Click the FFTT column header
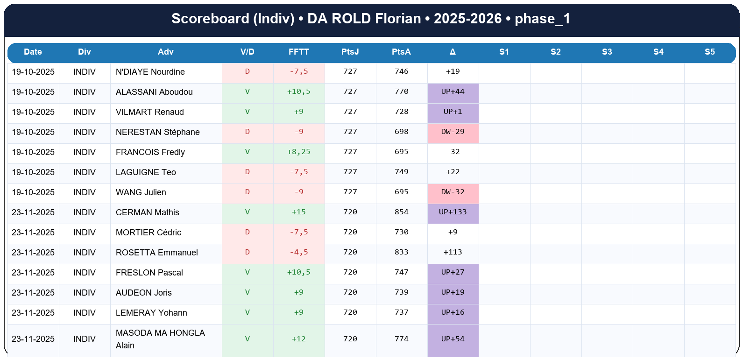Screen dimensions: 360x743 tap(298, 52)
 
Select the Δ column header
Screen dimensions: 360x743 tap(453, 52)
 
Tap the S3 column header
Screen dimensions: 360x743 tap(607, 52)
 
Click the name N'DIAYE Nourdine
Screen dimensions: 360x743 tap(150, 72)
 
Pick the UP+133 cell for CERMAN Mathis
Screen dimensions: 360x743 tap(453, 212)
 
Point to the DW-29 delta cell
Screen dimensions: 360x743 tap(453, 132)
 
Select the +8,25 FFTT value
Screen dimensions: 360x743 tap(298, 152)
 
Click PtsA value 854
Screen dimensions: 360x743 tap(401, 212)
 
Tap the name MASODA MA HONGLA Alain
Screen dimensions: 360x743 tap(160, 339)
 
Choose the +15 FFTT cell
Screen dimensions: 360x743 tap(298, 212)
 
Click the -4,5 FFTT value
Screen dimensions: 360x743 tap(298, 252)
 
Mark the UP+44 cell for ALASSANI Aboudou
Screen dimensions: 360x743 tap(453, 92)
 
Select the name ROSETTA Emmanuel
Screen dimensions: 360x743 tap(156, 253)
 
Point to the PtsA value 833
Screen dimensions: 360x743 tap(401, 252)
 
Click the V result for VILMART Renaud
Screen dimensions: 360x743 tap(247, 112)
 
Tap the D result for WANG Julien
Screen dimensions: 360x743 tap(247, 192)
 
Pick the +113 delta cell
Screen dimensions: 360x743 tap(453, 252)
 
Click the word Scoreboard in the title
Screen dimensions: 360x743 tap(210, 19)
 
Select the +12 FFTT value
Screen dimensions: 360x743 tap(298, 339)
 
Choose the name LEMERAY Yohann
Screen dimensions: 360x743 tap(151, 313)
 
